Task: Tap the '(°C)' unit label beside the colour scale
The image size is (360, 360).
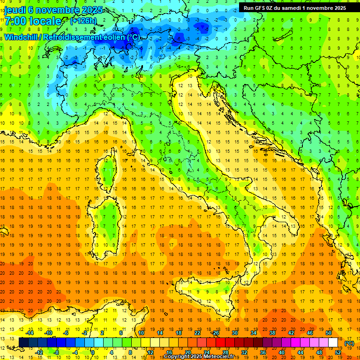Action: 349,343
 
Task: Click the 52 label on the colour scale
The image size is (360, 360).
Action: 337,352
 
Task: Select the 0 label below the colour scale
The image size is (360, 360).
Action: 93,352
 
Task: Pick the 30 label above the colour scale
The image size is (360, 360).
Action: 234,333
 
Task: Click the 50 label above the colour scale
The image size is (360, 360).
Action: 329,333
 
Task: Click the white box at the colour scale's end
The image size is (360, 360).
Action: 333,343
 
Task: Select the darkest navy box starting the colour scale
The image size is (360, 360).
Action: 23,343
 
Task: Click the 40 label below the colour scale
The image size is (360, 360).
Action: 281,352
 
